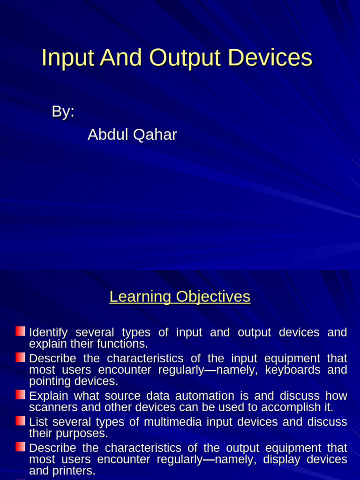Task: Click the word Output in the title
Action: point(185,58)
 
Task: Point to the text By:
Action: point(63,112)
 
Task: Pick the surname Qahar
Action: point(155,135)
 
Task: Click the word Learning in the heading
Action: point(140,297)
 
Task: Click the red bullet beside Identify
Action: point(20,331)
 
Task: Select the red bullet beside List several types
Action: point(20,420)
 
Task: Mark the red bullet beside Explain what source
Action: point(20,395)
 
